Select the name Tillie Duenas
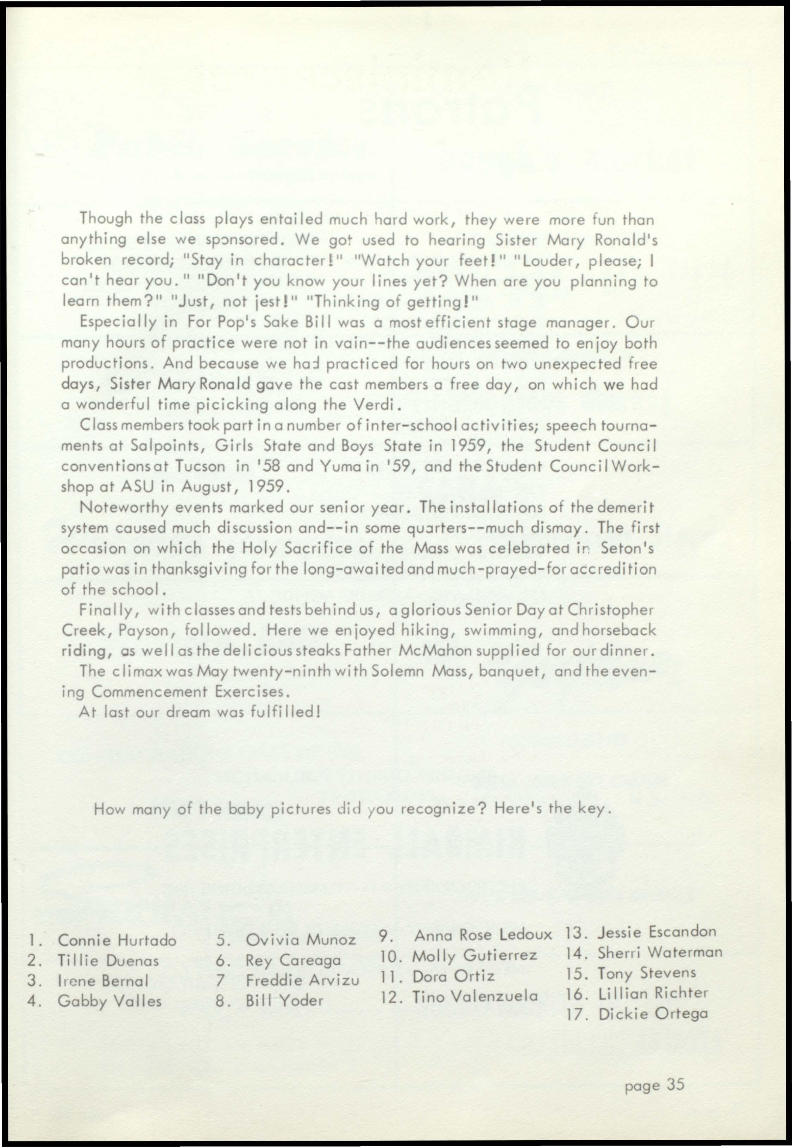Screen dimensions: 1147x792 (108, 961)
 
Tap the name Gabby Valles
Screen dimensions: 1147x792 (110, 1001)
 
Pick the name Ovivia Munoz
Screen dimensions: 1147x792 (301, 940)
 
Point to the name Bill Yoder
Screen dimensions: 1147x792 (284, 1001)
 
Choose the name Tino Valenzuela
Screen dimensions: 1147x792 (475, 996)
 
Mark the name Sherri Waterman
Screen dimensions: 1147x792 (660, 952)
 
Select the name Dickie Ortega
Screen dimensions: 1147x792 (653, 1014)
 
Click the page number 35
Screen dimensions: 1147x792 (675, 1085)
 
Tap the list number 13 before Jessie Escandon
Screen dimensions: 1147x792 (576, 933)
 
